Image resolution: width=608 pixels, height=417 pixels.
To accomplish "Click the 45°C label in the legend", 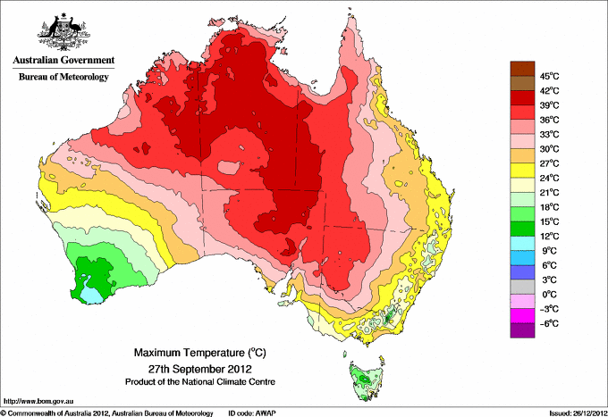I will tap(549, 76).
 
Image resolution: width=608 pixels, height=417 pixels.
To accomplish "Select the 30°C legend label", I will tap(549, 148).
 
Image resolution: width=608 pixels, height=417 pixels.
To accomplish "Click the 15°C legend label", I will tap(549, 221).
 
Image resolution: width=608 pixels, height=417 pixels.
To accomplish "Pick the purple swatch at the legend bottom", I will tap(521, 330).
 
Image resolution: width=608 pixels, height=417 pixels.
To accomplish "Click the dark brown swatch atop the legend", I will tap(521, 68).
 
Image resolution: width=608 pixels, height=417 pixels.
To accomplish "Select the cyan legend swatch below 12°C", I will tap(521, 243).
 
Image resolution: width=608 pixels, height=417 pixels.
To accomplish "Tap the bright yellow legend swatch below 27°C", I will tap(521, 171).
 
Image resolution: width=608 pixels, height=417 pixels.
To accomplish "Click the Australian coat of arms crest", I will tap(63, 32).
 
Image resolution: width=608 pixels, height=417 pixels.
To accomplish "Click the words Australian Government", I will tap(62, 62).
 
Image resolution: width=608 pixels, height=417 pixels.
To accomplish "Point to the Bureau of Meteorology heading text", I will tap(63, 78).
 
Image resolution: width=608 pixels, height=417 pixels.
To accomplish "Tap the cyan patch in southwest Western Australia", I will tap(91, 292).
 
